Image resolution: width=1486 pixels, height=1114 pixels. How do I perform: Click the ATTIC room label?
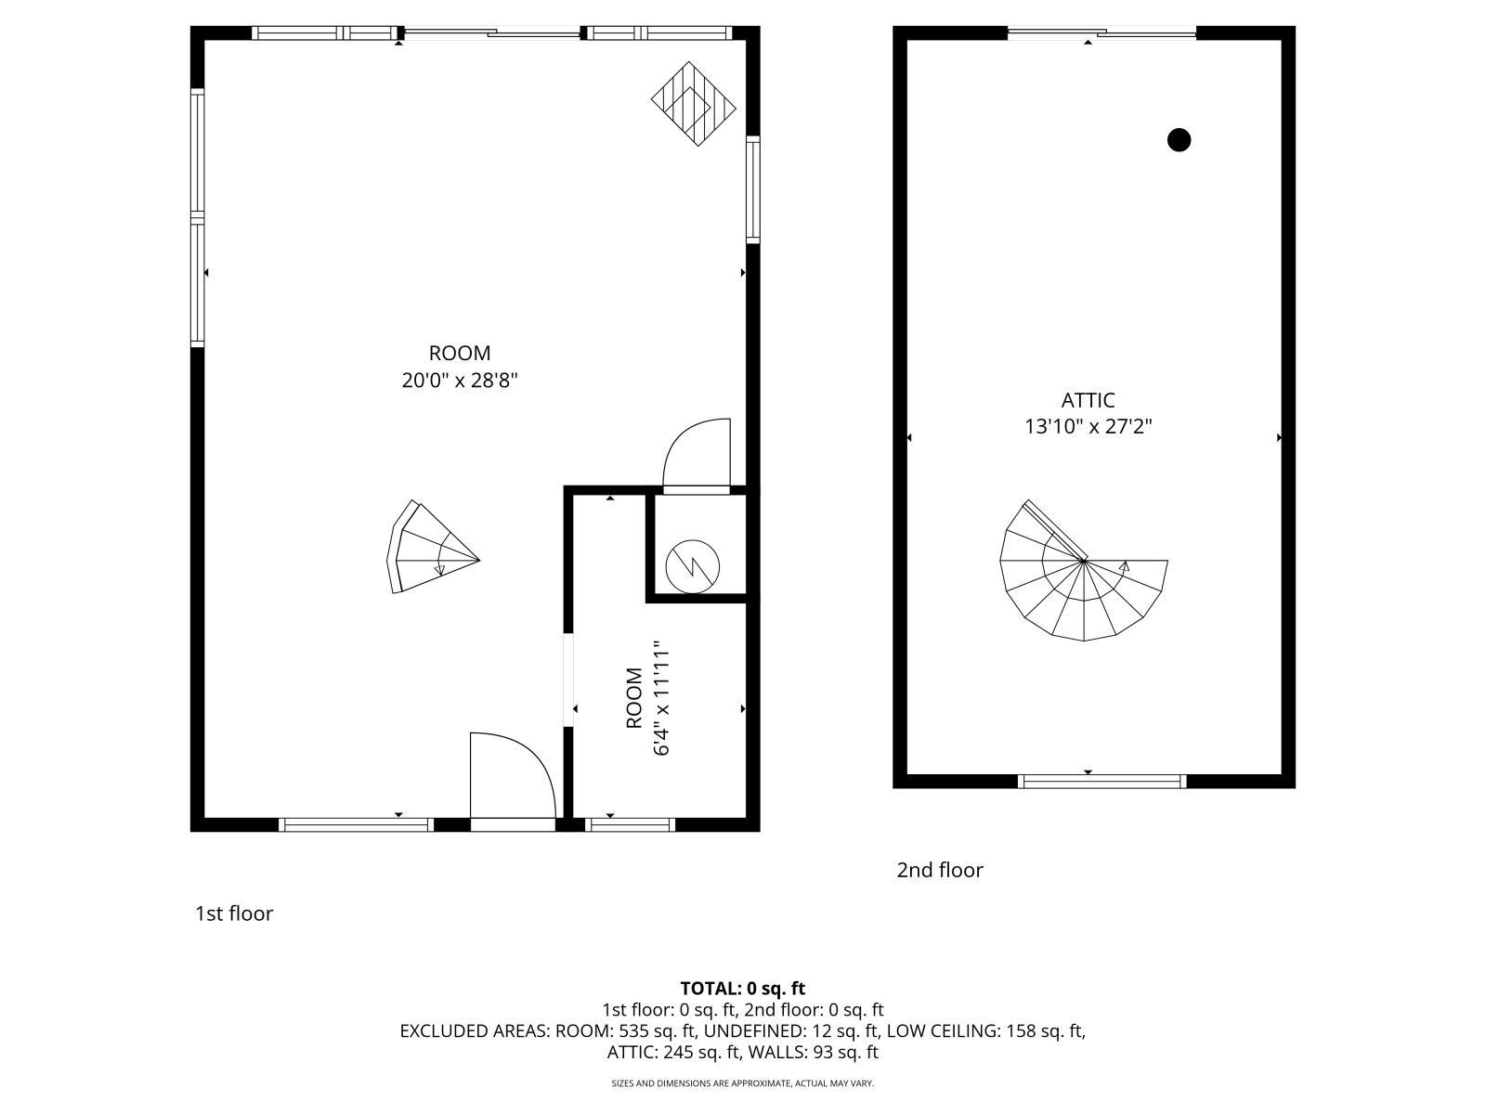coord(1088,400)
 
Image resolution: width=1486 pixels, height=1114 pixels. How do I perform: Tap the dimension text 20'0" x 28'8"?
coord(459,380)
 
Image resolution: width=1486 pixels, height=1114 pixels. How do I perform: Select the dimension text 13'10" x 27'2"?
coord(1088,427)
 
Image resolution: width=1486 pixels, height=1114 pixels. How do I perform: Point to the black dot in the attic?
coord(1179,140)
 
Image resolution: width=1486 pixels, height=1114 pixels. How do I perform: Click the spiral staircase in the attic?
coord(1082,576)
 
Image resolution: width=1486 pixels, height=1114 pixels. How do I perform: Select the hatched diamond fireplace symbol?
coord(693,103)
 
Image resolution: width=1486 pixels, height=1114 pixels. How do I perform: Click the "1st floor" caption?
coord(234,913)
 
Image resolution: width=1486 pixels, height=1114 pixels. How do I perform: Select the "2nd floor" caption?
coord(939,870)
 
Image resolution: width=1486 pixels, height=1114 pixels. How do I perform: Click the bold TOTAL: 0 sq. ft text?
coord(742,988)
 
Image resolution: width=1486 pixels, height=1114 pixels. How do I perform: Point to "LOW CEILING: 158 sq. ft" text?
coord(984,1030)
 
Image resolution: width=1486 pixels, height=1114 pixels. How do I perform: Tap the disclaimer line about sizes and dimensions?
coord(742,1083)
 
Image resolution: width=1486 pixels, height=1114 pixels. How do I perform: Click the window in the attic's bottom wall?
coord(1102,781)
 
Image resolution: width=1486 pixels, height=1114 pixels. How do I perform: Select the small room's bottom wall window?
coord(631,823)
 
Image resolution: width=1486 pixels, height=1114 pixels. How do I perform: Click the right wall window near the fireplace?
coord(753,189)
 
